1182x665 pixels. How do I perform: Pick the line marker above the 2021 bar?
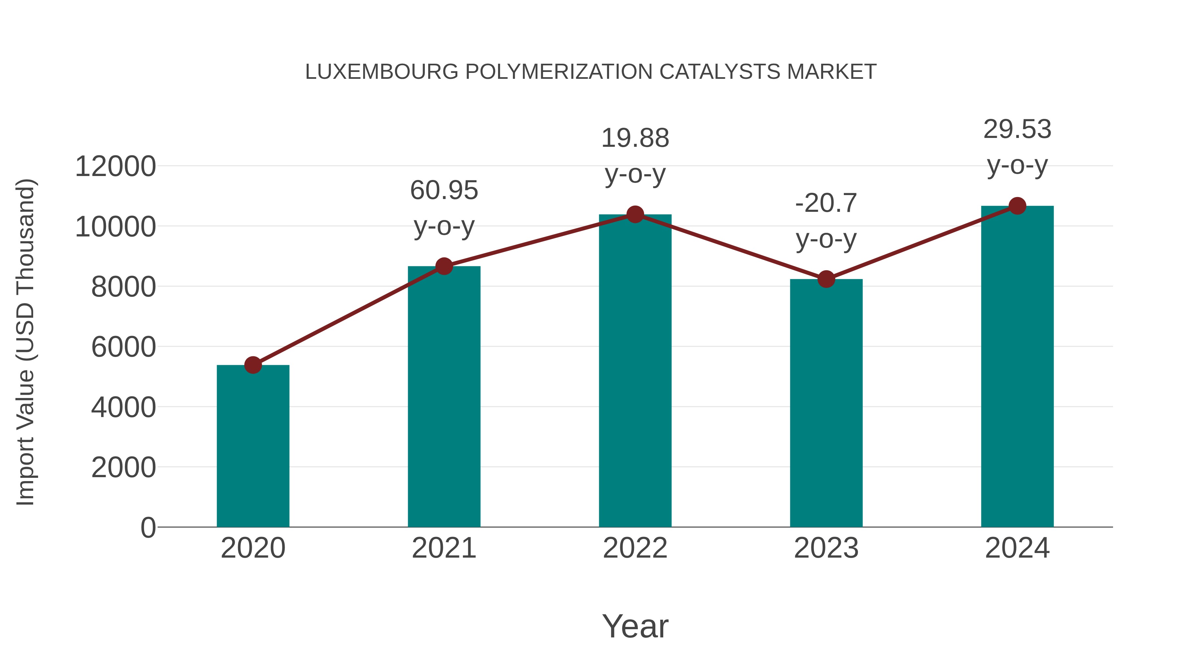(444, 266)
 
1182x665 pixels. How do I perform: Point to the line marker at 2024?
(1017, 206)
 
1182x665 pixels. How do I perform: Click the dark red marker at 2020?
(253, 365)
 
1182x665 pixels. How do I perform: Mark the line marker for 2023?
(826, 279)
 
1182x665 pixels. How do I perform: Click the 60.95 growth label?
(444, 190)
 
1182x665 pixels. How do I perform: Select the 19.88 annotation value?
(635, 138)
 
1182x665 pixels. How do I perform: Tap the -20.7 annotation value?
(826, 203)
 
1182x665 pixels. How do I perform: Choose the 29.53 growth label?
(1017, 129)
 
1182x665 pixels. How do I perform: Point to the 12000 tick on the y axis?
(115, 166)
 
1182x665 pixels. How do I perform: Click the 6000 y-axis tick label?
(123, 347)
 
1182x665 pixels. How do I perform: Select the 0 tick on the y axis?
(148, 527)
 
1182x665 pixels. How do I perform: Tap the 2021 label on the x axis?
(444, 548)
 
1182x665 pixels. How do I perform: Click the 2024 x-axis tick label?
(1017, 548)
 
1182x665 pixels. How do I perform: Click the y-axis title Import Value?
(26, 342)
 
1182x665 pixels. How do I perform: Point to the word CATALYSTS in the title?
(719, 72)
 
